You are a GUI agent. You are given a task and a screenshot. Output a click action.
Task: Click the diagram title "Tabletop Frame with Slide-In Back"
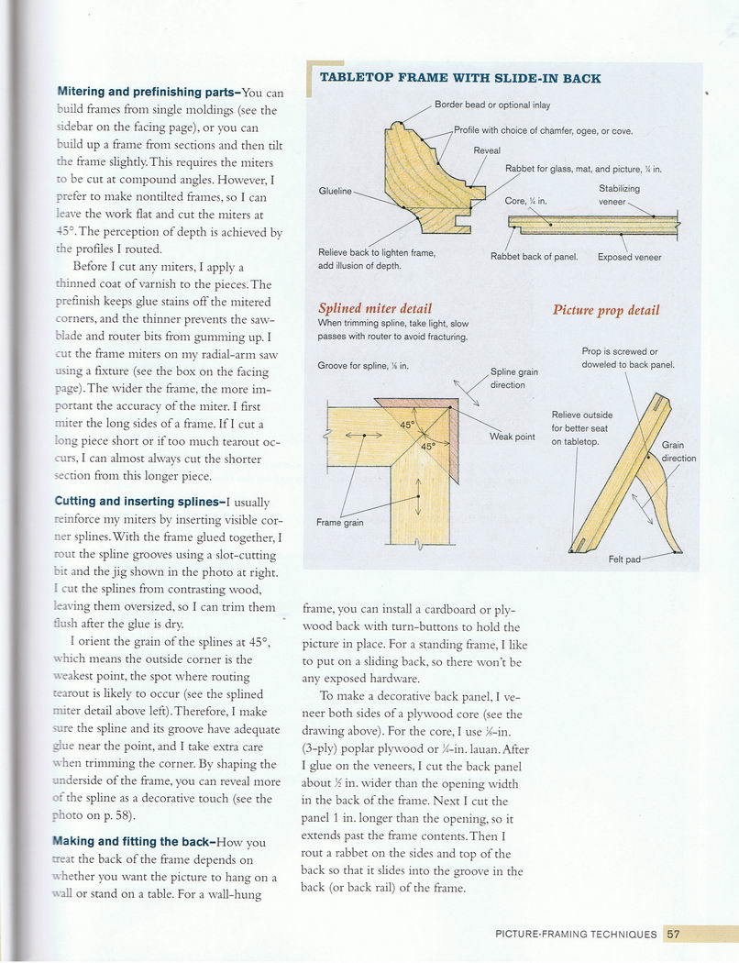(459, 79)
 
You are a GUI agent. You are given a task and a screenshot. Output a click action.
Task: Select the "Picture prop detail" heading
(606, 310)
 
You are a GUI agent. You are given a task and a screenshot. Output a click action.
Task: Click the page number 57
(673, 935)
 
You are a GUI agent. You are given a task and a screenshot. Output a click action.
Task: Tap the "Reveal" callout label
(487, 150)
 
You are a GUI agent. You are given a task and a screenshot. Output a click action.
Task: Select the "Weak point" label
(512, 437)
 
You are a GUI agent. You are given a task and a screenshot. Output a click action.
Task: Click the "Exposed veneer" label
(629, 257)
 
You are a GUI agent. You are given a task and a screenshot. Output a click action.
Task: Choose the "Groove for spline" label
(362, 366)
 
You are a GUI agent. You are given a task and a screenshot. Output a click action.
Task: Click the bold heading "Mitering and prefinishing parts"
(147, 93)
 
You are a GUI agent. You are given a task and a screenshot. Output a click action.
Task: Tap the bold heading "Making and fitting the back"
(138, 841)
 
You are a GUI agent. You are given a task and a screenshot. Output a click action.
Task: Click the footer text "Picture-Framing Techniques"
(576, 935)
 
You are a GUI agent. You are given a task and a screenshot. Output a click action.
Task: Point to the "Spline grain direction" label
(513, 378)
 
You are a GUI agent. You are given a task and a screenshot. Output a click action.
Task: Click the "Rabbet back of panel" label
(534, 257)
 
